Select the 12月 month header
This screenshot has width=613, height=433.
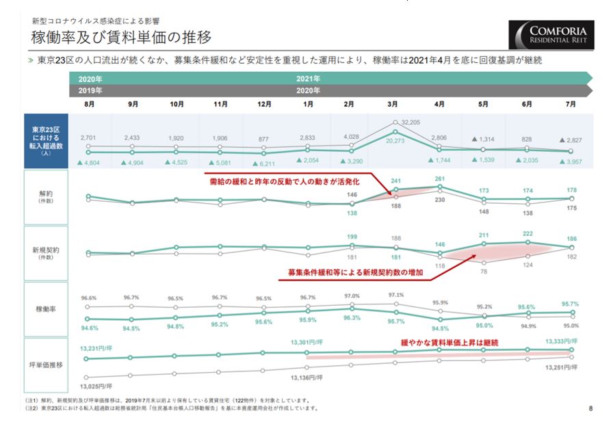pos(264,104)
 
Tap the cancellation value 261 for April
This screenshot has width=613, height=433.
pos(439,179)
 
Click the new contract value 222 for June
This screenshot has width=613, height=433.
pos(527,234)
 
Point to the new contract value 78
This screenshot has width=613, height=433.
pos(483,272)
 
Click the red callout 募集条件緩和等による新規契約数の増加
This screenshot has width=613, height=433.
pos(356,272)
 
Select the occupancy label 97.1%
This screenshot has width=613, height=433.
pos(395,295)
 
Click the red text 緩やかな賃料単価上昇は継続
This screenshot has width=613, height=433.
pos(449,341)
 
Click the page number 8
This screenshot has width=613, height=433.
pos(590,409)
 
